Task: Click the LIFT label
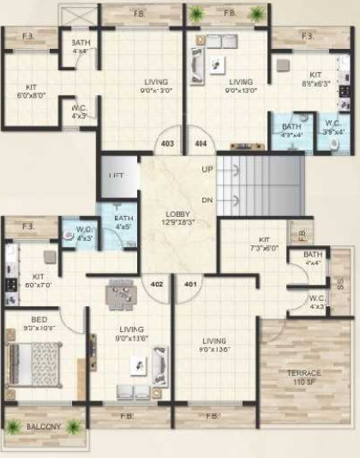pos(117,175)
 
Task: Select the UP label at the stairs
pos(207,169)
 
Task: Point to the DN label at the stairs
pos(207,200)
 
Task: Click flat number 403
pos(167,143)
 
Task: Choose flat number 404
pos(201,143)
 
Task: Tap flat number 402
pos(157,283)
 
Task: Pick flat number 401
pos(189,283)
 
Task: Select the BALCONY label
pos(44,426)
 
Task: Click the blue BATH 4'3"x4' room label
pos(292,130)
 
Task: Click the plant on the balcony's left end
pos(14,426)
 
